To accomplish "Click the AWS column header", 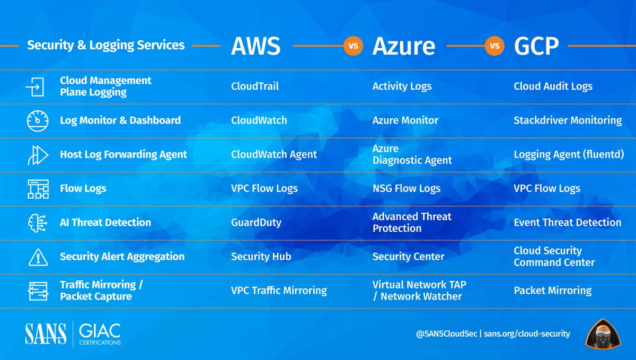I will (255, 47).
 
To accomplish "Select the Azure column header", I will (403, 47).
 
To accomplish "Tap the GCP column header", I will (536, 47).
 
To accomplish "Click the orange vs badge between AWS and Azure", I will (353, 46).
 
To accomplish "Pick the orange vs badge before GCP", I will (494, 46).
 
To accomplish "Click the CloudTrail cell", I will (255, 86).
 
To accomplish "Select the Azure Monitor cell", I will (405, 120).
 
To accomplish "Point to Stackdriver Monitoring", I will (568, 120).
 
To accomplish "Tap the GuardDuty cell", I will (256, 223).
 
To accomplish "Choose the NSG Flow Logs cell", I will (407, 189).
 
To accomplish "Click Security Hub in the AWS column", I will (261, 257).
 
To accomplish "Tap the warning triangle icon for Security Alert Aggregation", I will (38, 257).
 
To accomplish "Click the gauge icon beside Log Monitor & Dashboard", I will (38, 121).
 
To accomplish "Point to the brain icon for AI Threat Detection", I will (38, 223).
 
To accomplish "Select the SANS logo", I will (46, 333).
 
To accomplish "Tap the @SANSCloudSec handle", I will (447, 333).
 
